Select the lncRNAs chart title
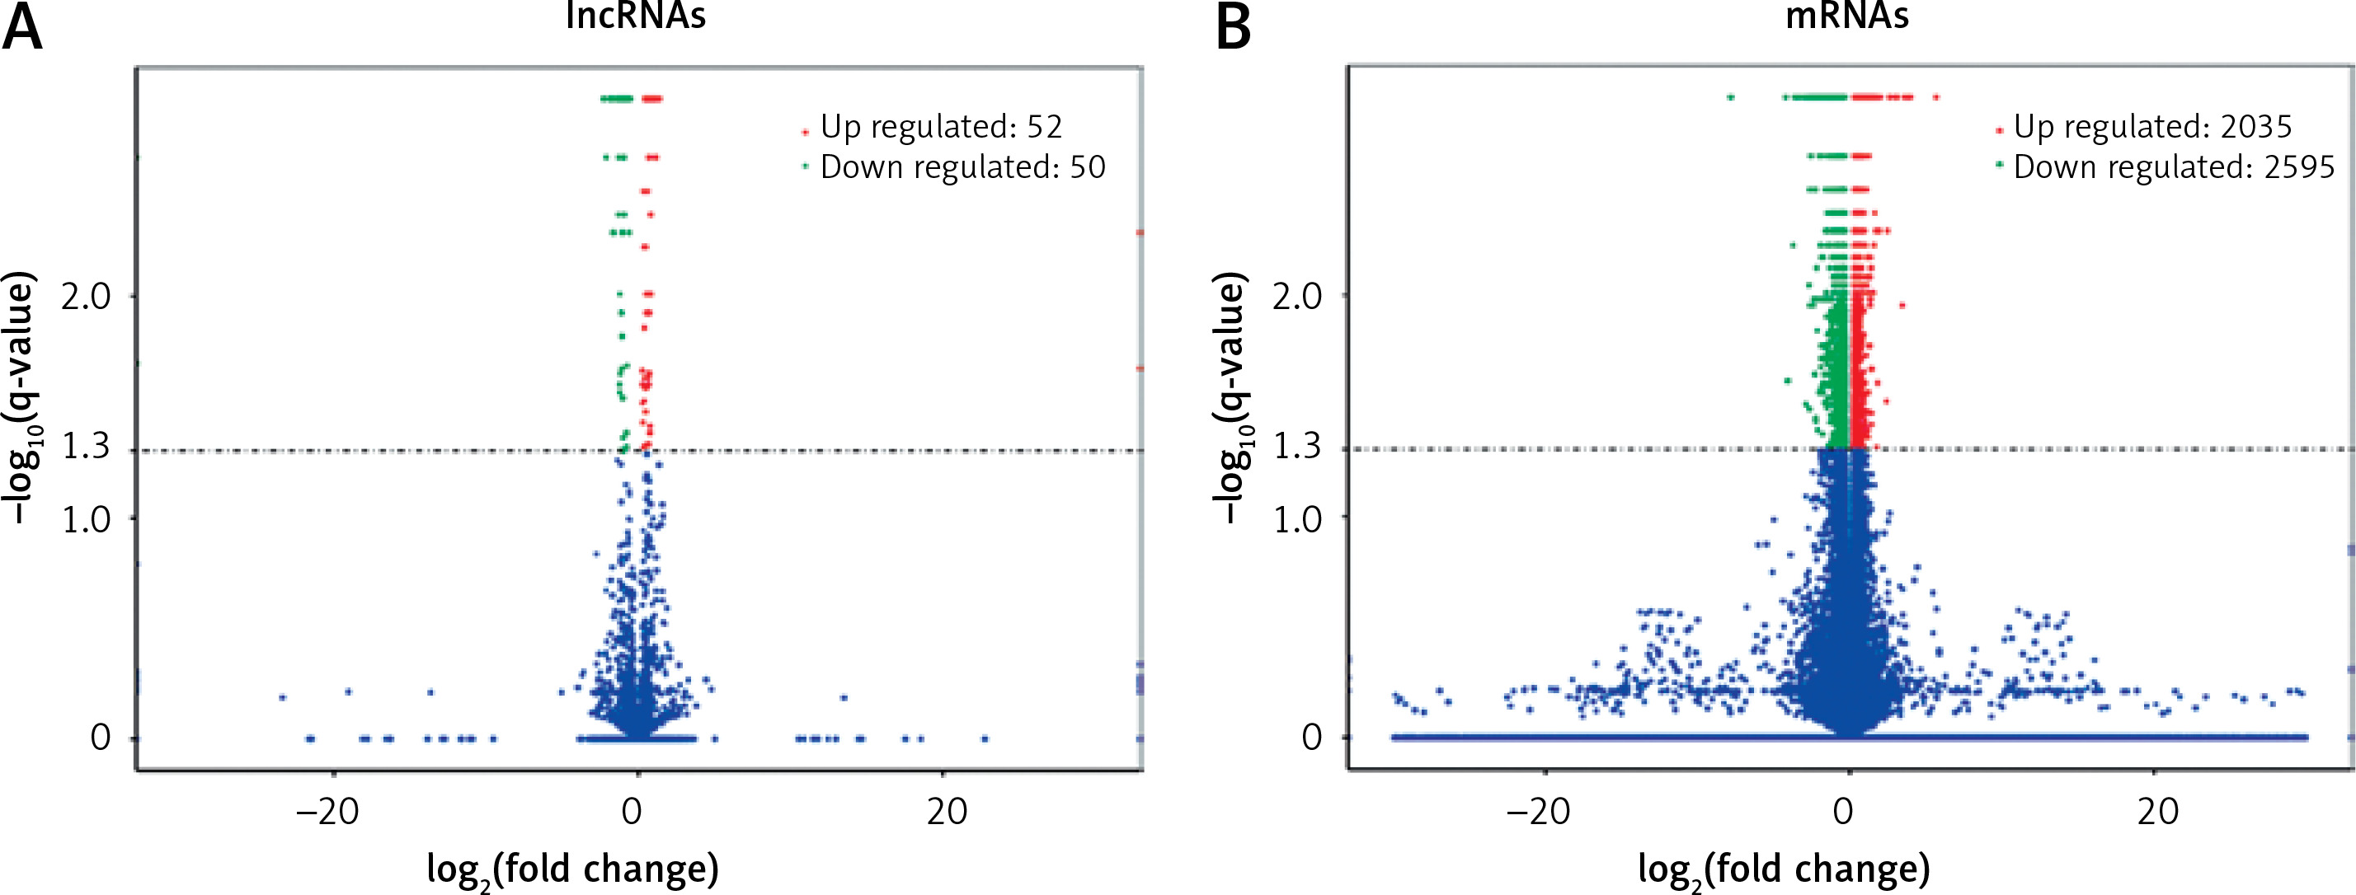pos(636,16)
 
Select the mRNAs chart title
pos(1846,16)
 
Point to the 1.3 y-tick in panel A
pos(85,447)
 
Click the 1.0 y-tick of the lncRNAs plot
pos(85,519)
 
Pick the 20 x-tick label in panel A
pos(947,811)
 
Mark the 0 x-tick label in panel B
pos(1844,811)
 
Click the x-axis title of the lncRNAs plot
pos(572,869)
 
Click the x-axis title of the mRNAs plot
pos(1784,869)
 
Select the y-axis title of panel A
pos(20,398)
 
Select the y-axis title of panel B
pos(1231,398)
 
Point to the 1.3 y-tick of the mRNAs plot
pos(1297,447)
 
